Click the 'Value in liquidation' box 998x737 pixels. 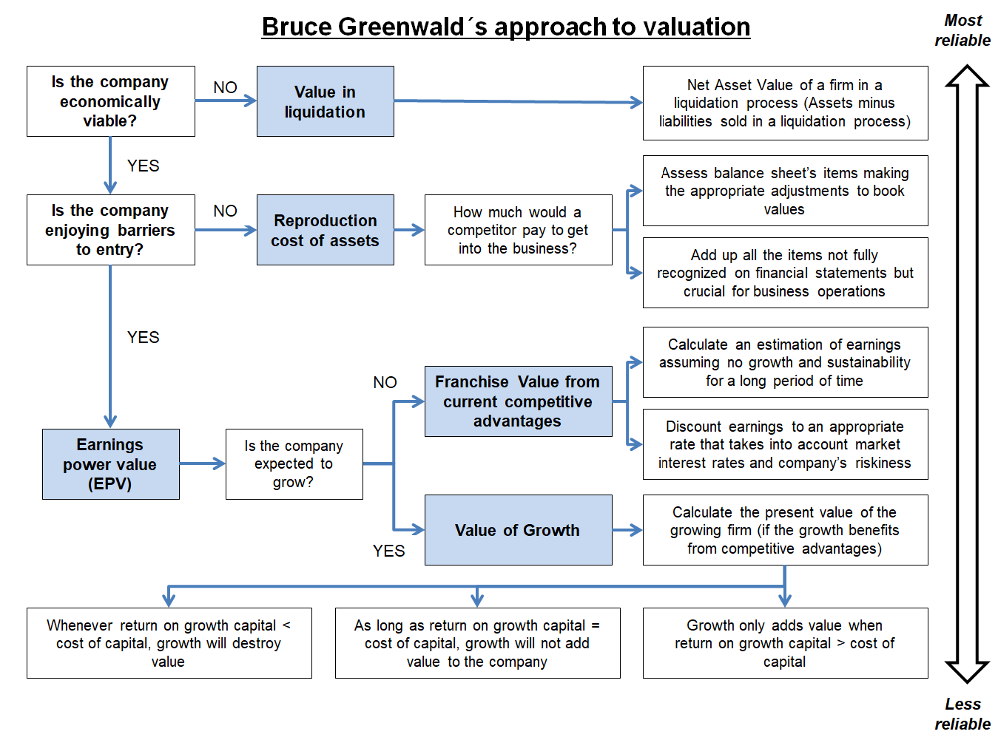pos(325,101)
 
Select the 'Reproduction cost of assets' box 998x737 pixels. pos(325,230)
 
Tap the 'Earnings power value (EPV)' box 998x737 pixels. pos(110,464)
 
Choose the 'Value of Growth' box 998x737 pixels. pos(518,530)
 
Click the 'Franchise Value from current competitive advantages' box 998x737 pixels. pos(518,401)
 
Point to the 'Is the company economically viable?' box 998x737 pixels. pos(110,101)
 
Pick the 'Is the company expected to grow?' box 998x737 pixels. pos(294,464)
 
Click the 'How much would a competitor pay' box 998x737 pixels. pos(518,230)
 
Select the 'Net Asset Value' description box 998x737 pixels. pos(785,103)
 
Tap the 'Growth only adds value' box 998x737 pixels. pos(785,643)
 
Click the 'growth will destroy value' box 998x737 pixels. pos(169,643)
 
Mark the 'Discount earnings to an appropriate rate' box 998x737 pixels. pos(785,444)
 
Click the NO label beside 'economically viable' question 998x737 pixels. pos(225,87)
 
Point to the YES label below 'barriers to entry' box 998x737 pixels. pos(143,337)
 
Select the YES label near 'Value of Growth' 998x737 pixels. pos(388,551)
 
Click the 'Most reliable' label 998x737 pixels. pos(962,30)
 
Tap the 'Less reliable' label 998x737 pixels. pos(962,713)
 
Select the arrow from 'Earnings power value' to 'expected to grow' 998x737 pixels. pos(202,463)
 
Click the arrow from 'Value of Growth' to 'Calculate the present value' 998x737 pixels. pos(627,529)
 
